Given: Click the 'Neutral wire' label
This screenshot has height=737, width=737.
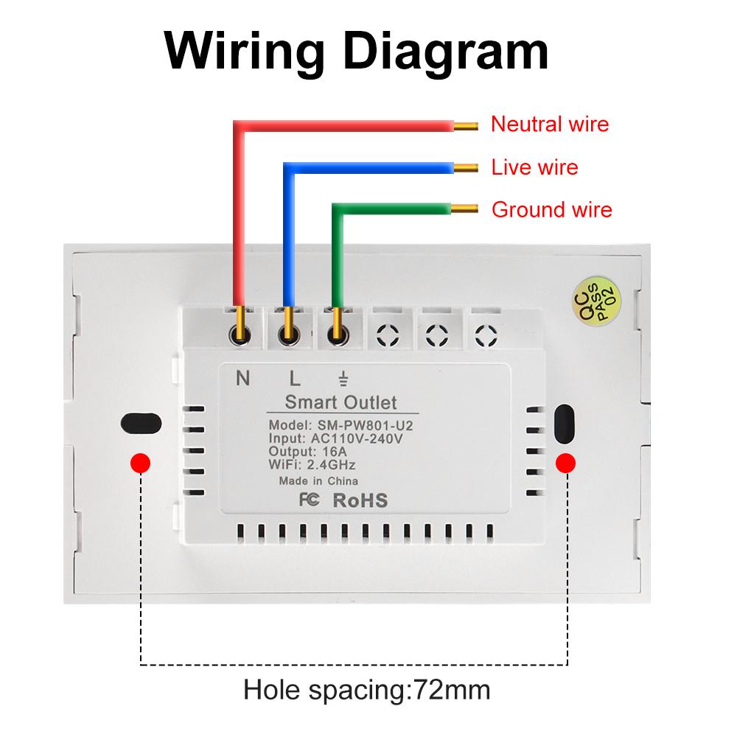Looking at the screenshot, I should tap(550, 124).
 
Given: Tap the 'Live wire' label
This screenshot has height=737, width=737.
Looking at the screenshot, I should tap(534, 167).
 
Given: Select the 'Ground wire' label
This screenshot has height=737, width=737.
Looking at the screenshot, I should tap(551, 210).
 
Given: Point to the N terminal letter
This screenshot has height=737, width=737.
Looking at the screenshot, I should tap(242, 380).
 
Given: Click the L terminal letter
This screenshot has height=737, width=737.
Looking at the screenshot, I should tap(294, 380).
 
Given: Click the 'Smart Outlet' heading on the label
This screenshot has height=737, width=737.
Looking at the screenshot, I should tap(340, 402).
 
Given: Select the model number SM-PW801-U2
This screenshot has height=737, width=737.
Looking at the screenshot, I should tap(367, 426).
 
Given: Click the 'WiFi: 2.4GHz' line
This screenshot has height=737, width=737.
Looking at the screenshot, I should tap(312, 464).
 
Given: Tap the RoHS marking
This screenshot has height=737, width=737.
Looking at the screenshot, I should tap(360, 500).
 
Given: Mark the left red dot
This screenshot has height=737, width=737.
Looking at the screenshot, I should tap(140, 462).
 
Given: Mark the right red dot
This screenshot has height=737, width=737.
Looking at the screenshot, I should tap(566, 462).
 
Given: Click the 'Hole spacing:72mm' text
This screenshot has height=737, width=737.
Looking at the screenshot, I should tap(366, 691).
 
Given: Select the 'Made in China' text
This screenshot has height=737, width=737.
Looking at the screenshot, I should tap(318, 481).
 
